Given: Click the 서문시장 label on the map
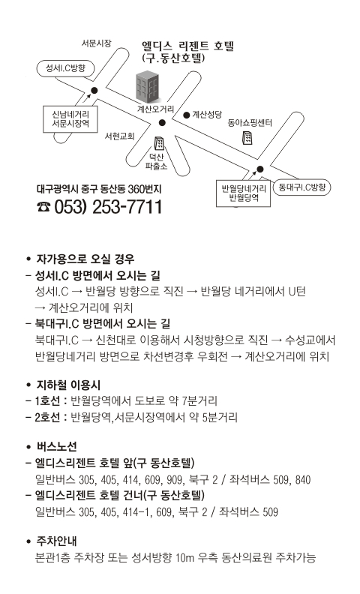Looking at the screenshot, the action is [x=96, y=43].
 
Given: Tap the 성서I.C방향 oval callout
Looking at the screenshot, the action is [x=65, y=68].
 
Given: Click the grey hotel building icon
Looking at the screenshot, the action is [x=147, y=87].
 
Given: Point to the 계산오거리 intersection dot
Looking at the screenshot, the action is [x=162, y=122].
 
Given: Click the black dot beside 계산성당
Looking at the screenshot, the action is [x=187, y=115].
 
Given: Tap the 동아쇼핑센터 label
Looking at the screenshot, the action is [x=250, y=122].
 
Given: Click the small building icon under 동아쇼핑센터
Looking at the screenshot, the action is [x=247, y=138].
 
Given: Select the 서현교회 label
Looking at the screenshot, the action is [x=119, y=136].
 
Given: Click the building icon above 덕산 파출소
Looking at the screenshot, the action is [x=159, y=143].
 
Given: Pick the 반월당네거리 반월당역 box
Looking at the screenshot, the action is [x=243, y=193].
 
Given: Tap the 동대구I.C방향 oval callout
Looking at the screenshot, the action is [x=302, y=187].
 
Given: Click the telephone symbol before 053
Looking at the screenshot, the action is [x=43, y=207].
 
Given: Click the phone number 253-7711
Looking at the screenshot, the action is [x=127, y=207].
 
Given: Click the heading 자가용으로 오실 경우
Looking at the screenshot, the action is [x=85, y=259].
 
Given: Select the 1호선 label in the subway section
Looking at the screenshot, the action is [x=47, y=400].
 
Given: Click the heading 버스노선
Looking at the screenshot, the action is [x=56, y=446].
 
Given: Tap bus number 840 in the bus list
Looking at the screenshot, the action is [x=303, y=480].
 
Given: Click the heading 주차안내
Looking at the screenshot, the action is [x=56, y=541].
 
